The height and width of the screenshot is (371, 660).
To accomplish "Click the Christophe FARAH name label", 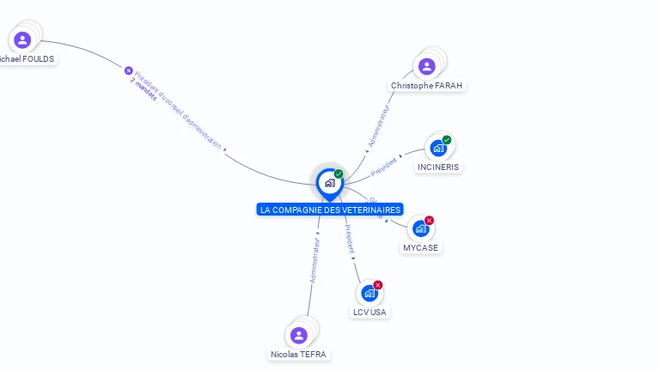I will [426, 86].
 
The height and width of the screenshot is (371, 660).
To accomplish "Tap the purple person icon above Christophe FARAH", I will [426, 66].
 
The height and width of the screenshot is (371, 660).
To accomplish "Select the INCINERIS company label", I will [438, 167].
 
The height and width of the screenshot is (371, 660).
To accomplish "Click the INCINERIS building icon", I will [438, 148].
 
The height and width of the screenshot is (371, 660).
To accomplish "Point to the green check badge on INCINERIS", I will [447, 140].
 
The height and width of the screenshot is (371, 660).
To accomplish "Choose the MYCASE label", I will [420, 248].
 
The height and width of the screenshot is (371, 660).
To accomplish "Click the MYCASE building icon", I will [420, 228].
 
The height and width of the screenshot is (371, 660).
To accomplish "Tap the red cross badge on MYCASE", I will [429, 221].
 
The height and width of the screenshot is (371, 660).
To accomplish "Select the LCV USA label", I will [370, 313].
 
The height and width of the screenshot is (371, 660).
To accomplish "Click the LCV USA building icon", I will [370, 293].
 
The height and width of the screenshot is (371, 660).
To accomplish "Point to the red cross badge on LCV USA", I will [378, 285].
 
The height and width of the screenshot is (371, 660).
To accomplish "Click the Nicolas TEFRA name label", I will [298, 354].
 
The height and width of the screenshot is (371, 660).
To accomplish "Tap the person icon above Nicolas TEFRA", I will [298, 335].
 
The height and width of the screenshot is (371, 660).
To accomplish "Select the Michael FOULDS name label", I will [26, 59].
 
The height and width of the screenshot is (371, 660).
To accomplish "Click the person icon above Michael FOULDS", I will [22, 40].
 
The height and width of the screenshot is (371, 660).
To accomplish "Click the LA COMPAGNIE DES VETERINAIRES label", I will [330, 210].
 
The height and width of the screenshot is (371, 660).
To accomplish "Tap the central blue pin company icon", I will [329, 182].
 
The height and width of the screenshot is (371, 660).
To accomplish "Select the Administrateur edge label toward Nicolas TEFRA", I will [315, 260].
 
